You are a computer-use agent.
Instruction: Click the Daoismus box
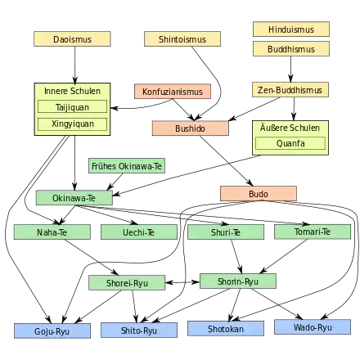click(72, 39)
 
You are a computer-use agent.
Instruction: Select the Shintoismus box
click(182, 39)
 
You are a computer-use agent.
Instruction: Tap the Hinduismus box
click(291, 29)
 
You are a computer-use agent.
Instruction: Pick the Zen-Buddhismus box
click(290, 90)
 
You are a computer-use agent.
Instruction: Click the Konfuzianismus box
click(173, 92)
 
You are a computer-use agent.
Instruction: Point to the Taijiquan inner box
click(72, 106)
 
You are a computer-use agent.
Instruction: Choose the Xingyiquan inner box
click(72, 124)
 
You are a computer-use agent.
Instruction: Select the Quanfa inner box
click(290, 143)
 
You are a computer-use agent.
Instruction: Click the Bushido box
click(191, 128)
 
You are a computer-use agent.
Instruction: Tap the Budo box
click(259, 194)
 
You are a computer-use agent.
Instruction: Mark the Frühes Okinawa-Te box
click(127, 166)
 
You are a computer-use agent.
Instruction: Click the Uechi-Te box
click(139, 232)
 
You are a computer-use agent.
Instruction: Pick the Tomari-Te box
click(313, 232)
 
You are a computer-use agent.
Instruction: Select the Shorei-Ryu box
click(127, 283)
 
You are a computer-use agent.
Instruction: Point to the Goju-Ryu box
click(52, 331)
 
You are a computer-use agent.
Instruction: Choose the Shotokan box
click(226, 328)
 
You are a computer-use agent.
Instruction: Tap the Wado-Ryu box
click(313, 327)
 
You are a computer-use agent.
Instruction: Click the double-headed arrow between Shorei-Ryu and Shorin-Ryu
click(182, 282)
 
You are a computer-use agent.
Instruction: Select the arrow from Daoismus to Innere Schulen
click(74, 65)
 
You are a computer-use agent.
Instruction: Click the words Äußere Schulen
click(290, 128)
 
